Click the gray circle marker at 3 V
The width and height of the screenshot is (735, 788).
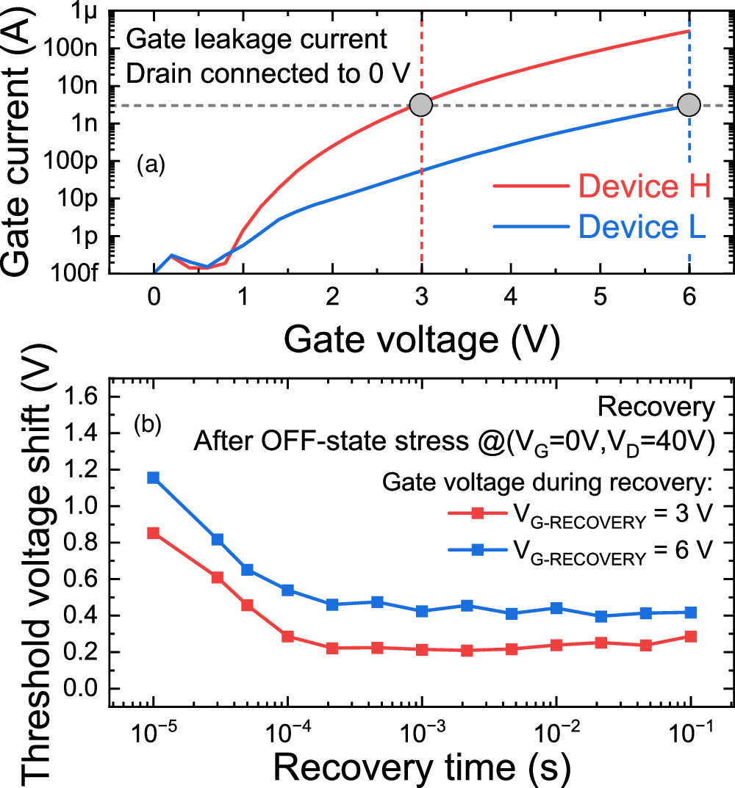click(x=421, y=105)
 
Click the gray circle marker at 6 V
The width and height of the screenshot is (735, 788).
click(x=689, y=105)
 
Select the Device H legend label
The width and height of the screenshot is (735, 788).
click(x=644, y=188)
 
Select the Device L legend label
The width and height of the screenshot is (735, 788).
click(x=642, y=228)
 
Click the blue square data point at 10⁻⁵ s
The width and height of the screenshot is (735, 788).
click(x=153, y=477)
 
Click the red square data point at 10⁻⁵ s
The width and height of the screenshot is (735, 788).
click(x=153, y=533)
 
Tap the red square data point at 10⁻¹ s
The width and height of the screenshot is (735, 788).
click(x=690, y=637)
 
